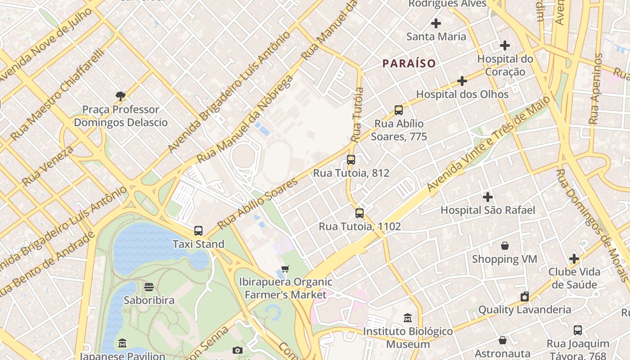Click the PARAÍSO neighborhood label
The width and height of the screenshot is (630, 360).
click(409, 63)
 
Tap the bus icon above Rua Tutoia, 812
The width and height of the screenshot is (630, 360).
click(351, 160)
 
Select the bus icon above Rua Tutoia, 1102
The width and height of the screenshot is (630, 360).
click(360, 213)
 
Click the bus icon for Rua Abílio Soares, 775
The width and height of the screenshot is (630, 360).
click(399, 110)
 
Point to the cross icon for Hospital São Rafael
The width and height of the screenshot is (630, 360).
click(488, 197)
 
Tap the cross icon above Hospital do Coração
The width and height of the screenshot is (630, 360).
click(505, 45)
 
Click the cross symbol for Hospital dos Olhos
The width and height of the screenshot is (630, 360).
click(462, 81)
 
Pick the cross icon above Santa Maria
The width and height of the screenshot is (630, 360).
click(436, 23)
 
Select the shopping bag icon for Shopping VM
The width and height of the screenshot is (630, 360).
click(505, 246)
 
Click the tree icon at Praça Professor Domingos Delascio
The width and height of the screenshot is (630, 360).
click(120, 96)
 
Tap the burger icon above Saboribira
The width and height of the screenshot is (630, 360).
click(149, 287)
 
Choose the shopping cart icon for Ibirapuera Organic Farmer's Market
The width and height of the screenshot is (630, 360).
click(285, 269)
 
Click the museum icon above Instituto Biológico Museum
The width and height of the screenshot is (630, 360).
click(408, 318)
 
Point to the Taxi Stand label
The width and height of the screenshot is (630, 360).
click(198, 244)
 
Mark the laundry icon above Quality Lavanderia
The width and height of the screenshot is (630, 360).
click(524, 297)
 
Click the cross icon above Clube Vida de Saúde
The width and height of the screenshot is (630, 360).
click(574, 259)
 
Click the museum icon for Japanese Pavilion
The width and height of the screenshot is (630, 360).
click(122, 344)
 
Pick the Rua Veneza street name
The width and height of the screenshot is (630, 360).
click(47, 166)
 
